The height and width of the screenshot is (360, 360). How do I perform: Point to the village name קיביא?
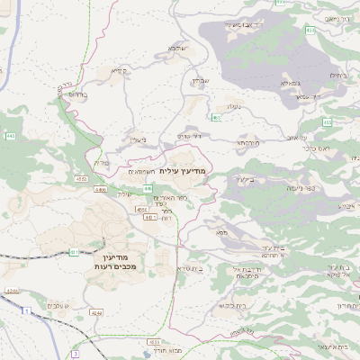coord(118,70)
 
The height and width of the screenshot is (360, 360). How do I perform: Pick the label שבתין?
coord(199,82)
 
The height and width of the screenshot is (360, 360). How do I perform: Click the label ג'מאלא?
coord(290,84)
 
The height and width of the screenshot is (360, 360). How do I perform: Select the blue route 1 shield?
coord(27,310)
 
